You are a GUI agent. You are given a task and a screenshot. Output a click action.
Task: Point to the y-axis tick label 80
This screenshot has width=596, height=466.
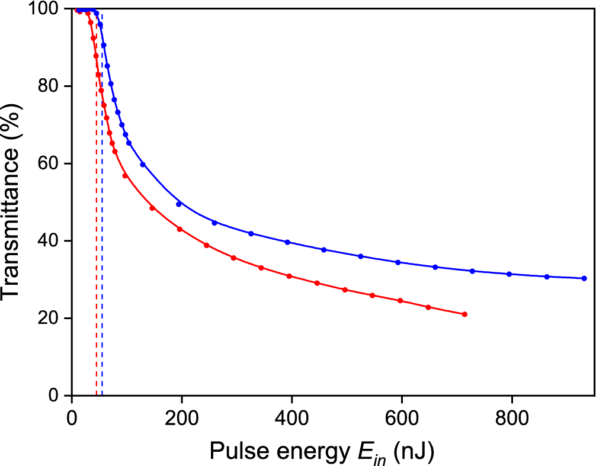[x=49, y=86]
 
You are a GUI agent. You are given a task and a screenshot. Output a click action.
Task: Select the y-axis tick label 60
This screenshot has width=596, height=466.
[x=49, y=164]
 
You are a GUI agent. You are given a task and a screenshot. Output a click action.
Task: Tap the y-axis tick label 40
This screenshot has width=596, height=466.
[x=49, y=241]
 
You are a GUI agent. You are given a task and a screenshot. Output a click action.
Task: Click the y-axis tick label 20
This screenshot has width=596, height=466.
[x=49, y=319]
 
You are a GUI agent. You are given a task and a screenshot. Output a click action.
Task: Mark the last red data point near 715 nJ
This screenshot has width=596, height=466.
[x=464, y=314]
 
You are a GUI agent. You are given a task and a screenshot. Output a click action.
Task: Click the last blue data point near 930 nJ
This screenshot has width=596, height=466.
[x=584, y=278]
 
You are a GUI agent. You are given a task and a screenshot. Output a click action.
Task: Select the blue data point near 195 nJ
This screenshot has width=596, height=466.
[x=179, y=204]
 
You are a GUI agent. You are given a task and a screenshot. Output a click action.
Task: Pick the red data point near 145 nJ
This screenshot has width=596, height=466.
[x=152, y=208]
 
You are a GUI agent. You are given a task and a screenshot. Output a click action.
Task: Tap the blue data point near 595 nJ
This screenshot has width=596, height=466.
[x=398, y=262]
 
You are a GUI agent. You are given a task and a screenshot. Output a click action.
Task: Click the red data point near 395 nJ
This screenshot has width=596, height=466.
[x=289, y=277]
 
